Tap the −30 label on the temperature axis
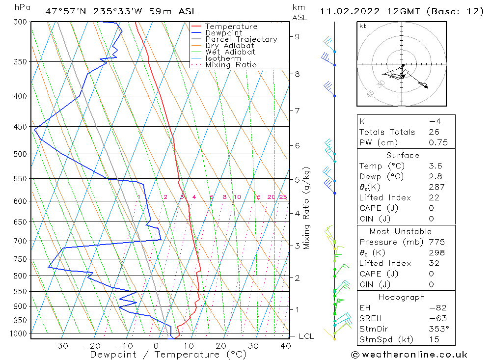click(x=59, y=346)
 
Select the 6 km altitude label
click(x=297, y=146)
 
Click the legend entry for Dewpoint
click(x=223, y=33)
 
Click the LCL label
click(x=306, y=336)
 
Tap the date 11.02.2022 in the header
click(x=350, y=11)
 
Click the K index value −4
click(x=435, y=121)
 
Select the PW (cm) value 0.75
click(x=438, y=142)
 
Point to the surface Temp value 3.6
click(x=435, y=166)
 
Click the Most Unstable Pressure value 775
click(x=436, y=242)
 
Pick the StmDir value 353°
click(x=439, y=329)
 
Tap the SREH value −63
click(x=438, y=318)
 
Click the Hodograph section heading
click(x=402, y=297)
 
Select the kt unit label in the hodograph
click(x=363, y=26)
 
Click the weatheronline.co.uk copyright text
click(x=409, y=355)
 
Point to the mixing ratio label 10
click(x=237, y=197)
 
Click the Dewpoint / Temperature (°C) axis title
click(x=168, y=355)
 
